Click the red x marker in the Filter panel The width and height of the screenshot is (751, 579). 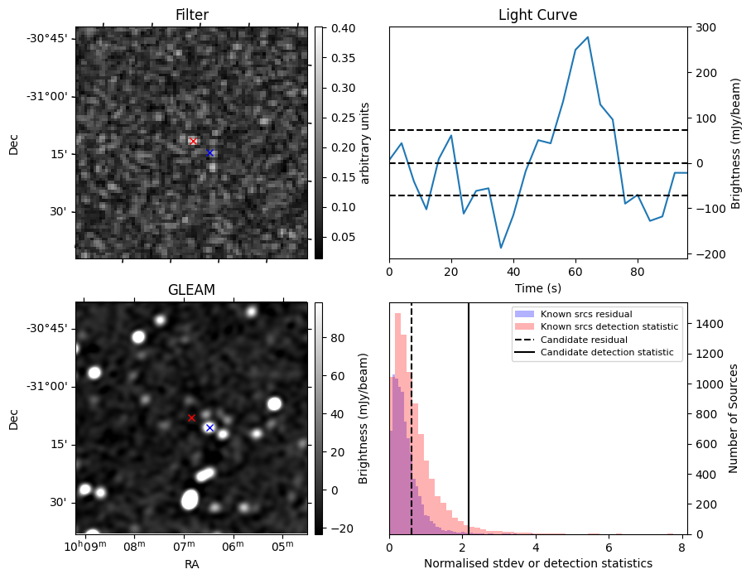point(194,142)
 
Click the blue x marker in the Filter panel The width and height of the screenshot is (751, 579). point(209,153)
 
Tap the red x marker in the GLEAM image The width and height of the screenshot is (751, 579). point(191,418)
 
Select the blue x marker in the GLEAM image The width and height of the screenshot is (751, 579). point(209,427)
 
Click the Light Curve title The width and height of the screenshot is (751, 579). point(537,15)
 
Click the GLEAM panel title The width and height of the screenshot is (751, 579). point(191,290)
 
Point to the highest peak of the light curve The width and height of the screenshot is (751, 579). point(588,37)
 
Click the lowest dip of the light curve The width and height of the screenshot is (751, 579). point(501,248)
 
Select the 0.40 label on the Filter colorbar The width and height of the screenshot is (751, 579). point(342,28)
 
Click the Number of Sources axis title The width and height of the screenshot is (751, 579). point(734,417)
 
